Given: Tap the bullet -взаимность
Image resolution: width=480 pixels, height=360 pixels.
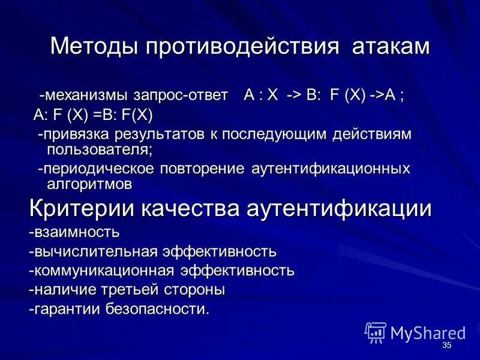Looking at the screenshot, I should click(74, 231).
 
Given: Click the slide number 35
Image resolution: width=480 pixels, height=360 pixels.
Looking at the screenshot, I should click(446, 346).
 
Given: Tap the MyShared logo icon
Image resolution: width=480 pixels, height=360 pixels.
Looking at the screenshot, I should click(375, 332).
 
